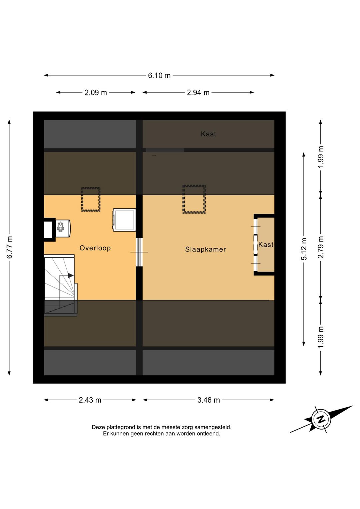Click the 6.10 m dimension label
point(159,75)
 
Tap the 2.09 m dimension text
point(96,92)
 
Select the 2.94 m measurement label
point(198,92)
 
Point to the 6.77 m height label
point(9,247)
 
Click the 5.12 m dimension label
point(304,249)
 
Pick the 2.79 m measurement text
point(320,247)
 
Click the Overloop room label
point(95,248)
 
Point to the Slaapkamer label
point(206,249)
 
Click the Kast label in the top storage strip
point(209,134)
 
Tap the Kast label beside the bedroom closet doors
point(266,245)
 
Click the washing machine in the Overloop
point(124,220)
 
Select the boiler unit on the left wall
point(63,228)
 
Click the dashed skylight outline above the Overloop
point(91,199)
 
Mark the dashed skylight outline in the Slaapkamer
point(194,199)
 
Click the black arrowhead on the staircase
point(71,276)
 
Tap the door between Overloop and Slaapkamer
point(139,252)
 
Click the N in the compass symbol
point(321,419)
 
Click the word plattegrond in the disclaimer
point(117,427)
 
